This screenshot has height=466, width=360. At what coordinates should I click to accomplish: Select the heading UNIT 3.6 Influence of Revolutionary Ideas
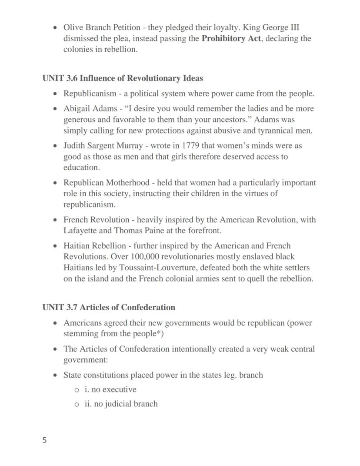coord(123,78)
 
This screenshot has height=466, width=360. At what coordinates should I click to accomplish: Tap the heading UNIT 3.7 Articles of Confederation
coord(109,308)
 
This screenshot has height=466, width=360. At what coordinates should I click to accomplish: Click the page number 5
coord(45,440)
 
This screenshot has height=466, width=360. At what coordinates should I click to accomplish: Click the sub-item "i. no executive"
coord(110,389)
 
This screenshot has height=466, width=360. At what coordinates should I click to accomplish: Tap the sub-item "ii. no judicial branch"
coord(121,404)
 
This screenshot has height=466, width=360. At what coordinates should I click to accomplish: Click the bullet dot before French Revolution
coord(55,220)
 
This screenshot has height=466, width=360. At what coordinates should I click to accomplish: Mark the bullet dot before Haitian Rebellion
coord(55,246)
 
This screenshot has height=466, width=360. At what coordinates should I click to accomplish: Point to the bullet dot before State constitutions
coord(55,375)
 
